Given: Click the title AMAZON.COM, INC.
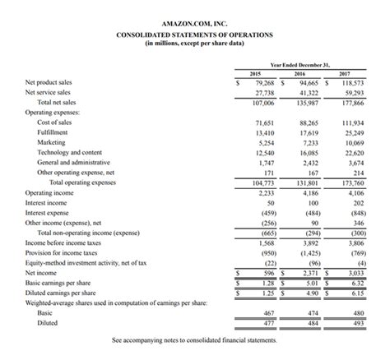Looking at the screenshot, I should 195,25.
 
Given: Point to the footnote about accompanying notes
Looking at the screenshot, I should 195,339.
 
